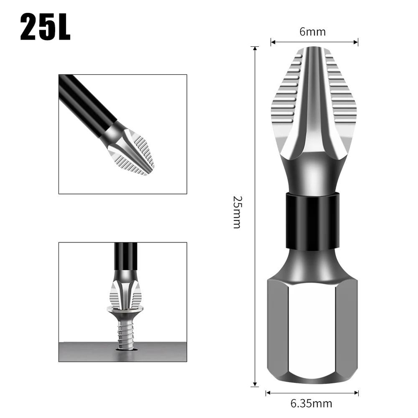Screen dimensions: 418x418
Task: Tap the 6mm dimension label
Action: pyautogui.click(x=312, y=32)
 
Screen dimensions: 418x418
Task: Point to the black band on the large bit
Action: pyautogui.click(x=312, y=220)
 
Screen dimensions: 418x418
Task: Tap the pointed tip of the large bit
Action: pyautogui.click(x=313, y=49)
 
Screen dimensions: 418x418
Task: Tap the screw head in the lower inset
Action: pyautogui.click(x=125, y=310)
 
